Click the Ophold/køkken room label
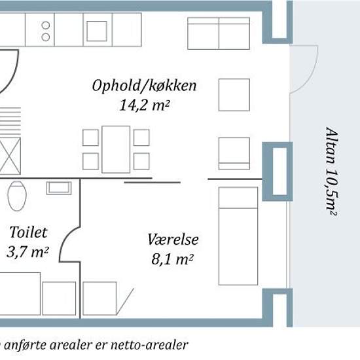(144, 86)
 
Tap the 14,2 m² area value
(144, 105)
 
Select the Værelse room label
(173, 239)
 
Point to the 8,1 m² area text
(172, 259)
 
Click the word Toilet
(28, 232)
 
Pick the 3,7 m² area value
(27, 252)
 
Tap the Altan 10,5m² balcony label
(332, 171)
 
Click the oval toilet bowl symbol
(17, 196)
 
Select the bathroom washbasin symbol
(59, 188)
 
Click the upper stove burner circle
(46, 25)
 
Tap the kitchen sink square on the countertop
(97, 31)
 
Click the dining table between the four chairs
(116, 149)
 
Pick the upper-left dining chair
(90, 137)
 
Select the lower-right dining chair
(141, 162)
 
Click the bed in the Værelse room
(238, 236)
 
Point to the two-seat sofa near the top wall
(219, 33)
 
